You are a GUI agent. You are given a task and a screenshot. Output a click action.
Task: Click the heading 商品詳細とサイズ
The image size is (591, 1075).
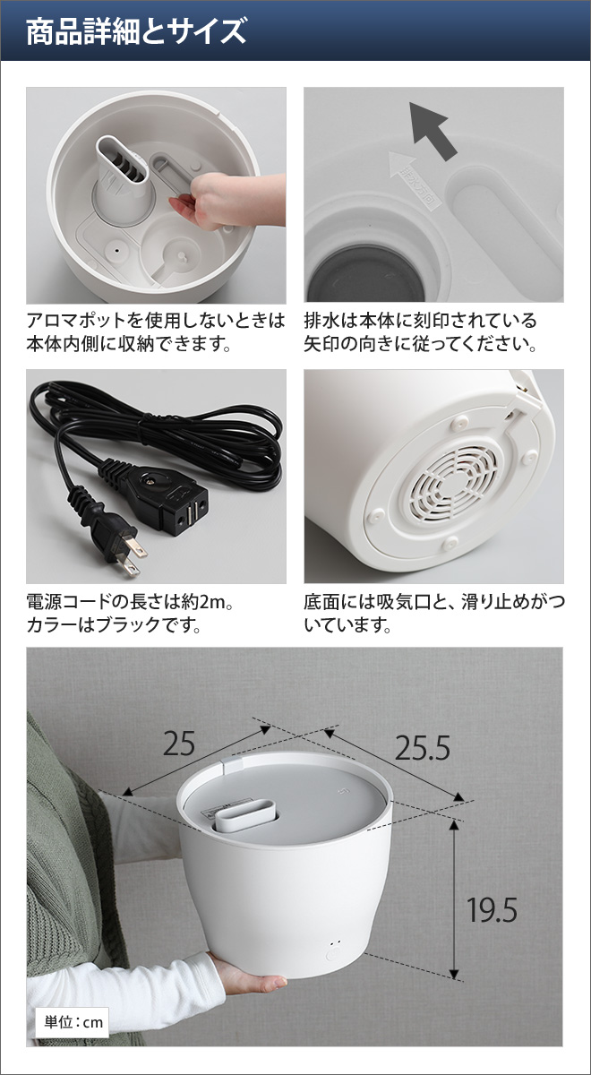pos(136,33)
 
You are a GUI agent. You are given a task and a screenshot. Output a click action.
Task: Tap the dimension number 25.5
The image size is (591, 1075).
pos(424,747)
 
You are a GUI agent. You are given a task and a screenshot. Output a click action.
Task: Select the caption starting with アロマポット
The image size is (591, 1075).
pos(156,331)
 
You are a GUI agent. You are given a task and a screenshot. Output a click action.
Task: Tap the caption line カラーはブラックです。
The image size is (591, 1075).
pos(113,625)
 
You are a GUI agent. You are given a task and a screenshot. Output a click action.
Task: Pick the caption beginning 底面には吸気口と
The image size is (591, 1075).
pos(433,613)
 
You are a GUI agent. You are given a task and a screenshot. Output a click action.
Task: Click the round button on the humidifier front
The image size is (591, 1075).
pos(334,955)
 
